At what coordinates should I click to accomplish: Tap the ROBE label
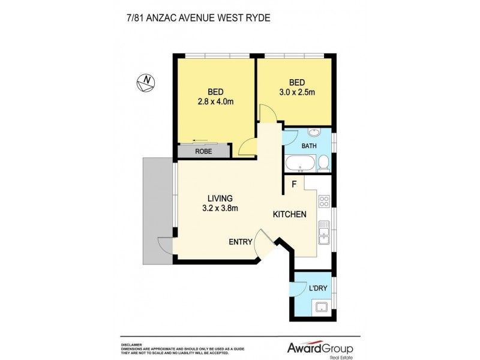203,152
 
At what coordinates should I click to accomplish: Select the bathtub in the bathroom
300,163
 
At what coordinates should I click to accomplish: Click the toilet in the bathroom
323,162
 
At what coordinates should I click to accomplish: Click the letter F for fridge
294,185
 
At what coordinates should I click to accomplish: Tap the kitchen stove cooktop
325,202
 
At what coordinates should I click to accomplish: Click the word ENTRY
240,242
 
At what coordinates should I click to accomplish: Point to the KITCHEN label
290,215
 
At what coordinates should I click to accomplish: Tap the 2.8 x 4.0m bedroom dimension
216,101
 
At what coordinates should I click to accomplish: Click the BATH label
309,146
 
